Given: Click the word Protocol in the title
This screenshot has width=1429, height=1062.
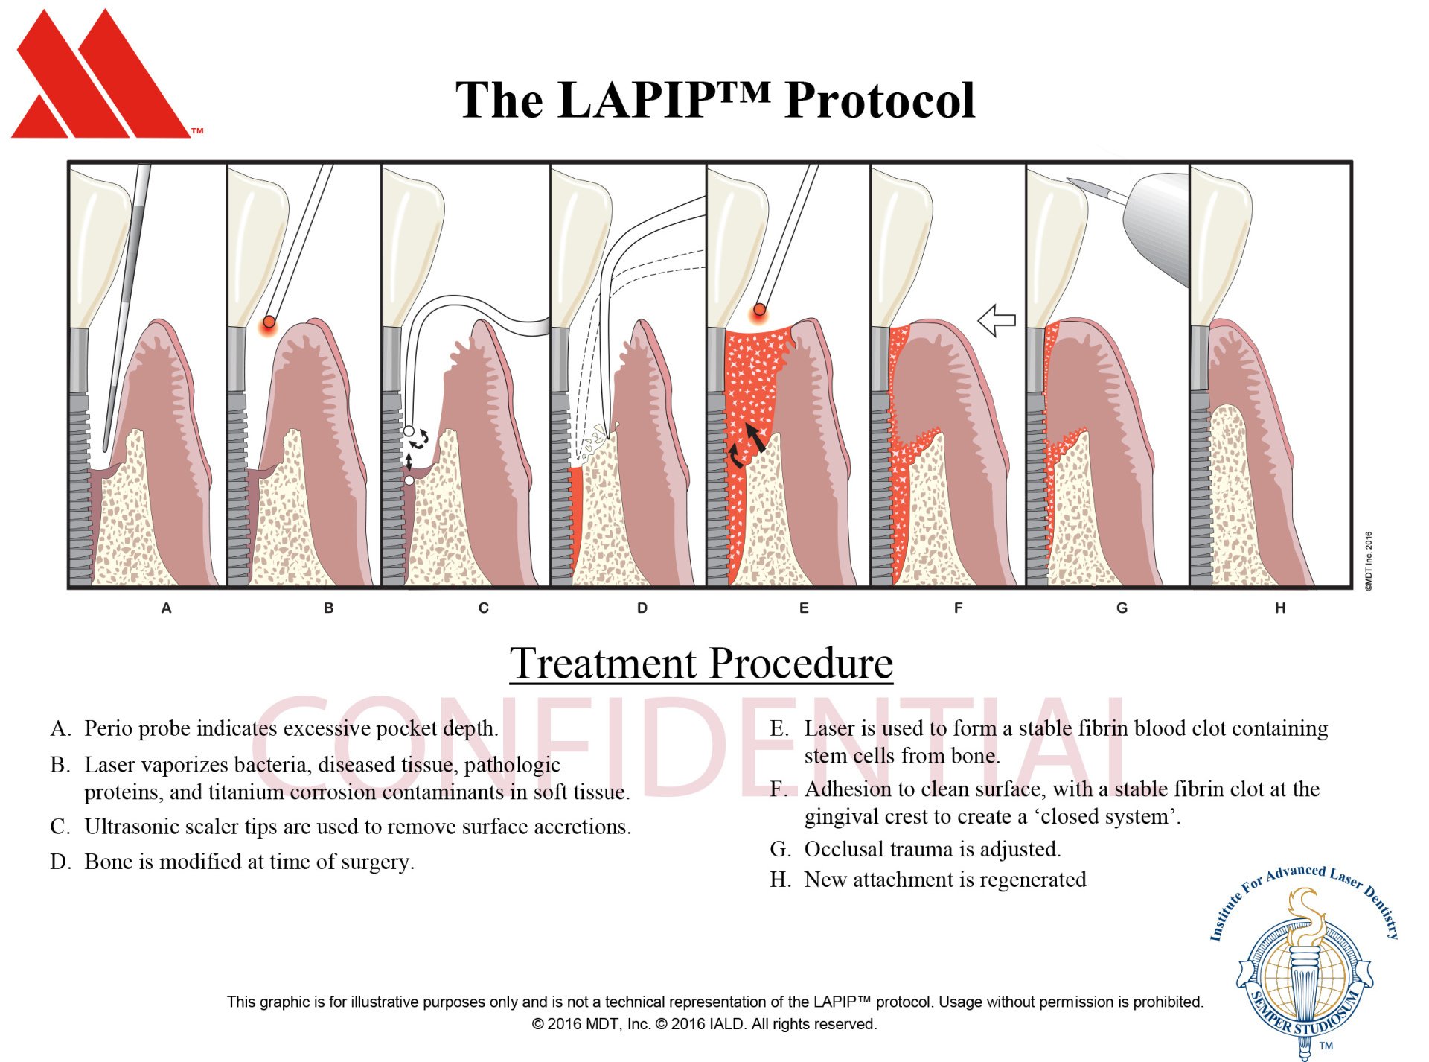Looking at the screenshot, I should click(879, 101).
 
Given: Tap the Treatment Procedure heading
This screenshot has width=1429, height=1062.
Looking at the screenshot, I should click(700, 663).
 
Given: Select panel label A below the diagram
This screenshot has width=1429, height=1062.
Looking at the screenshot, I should click(166, 608).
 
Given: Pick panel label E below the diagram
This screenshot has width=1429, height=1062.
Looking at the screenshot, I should click(804, 608).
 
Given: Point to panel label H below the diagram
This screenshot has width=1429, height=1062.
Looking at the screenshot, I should click(1280, 608).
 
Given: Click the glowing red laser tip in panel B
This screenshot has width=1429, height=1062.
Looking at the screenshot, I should click(269, 322).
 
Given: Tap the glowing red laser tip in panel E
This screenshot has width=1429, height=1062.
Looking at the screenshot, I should click(759, 310).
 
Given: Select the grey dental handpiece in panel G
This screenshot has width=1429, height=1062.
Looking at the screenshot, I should click(1157, 223).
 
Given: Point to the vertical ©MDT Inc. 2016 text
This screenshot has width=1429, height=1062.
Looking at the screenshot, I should click(1368, 562).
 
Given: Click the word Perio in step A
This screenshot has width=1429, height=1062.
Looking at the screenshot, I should click(106, 728).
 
